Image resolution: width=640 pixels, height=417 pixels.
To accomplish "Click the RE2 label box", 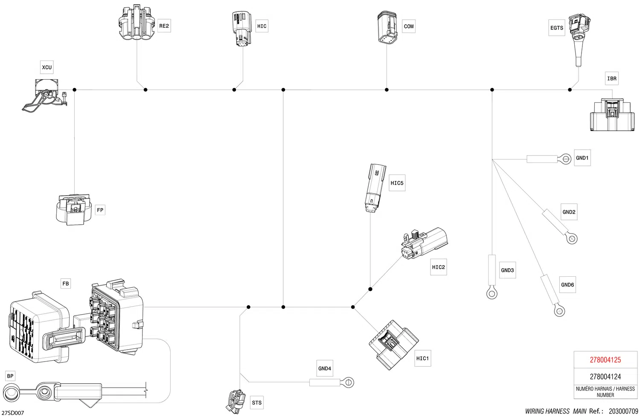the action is [164, 26].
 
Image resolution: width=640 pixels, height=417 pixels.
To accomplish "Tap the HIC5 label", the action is [397, 183].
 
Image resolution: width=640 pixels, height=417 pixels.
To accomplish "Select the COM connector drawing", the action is [387, 28].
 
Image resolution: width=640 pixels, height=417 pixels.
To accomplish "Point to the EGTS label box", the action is [556, 28].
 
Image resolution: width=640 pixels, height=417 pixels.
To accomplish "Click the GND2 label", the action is [569, 212].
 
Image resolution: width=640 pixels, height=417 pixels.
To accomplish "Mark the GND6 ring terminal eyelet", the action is [559, 311].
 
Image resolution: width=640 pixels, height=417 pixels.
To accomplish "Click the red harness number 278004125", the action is [605, 360].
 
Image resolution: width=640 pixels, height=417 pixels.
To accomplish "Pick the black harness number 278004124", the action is [605, 377].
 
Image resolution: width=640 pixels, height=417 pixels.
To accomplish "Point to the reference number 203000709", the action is [623, 411].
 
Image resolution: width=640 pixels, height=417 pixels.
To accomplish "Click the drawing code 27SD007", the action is [12, 413].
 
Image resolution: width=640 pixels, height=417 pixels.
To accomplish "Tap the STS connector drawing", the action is [236, 401].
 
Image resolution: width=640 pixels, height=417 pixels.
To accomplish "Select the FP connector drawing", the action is [74, 210].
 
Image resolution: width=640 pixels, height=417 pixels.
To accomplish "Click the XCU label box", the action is [47, 67].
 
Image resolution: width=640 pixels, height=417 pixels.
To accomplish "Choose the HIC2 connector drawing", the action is [425, 243].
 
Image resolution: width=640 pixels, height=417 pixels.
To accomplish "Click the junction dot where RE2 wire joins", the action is [145, 90].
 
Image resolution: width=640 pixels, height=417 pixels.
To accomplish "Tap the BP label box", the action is [10, 376].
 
